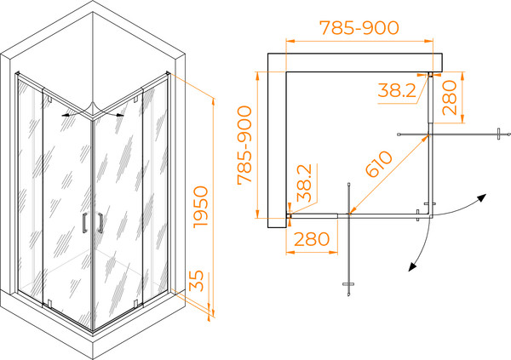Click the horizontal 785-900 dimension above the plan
pyautogui.click(x=359, y=28)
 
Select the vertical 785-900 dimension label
pyautogui.click(x=244, y=146)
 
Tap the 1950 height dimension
pyautogui.click(x=200, y=207)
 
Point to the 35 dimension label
pyautogui.click(x=197, y=281)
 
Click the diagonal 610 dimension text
pyautogui.click(x=379, y=164)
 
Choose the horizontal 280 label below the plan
pyautogui.click(x=312, y=239)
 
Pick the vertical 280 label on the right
pyautogui.click(x=450, y=98)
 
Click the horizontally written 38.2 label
pyautogui.click(x=397, y=90)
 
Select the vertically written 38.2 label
pyautogui.click(x=304, y=183)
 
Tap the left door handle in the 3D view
pyautogui.click(x=84, y=222)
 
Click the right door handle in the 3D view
pyautogui.click(x=100, y=223)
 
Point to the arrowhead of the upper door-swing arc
pyautogui.click(x=482, y=197)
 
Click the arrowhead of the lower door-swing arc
pyautogui.click(x=412, y=267)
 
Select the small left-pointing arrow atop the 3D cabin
pyautogui.click(x=66, y=116)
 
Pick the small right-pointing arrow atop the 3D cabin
pyautogui.click(x=120, y=115)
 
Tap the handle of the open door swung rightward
pyautogui.click(x=498, y=134)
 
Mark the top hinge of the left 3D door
pyautogui.click(x=49, y=99)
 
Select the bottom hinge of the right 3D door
pyautogui.click(x=135, y=304)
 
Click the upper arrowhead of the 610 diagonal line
pyautogui.click(x=425, y=138)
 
